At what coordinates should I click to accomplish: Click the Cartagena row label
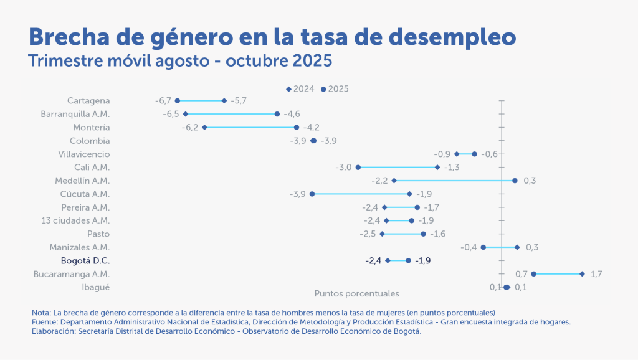point(88,101)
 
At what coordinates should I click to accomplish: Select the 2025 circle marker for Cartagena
point(178,101)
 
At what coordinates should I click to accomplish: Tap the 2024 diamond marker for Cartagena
point(224,101)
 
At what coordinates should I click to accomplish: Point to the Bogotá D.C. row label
point(85,261)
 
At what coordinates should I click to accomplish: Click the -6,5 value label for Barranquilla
point(171,114)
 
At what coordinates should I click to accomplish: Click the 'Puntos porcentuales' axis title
point(356,293)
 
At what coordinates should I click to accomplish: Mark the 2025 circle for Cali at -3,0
point(358,168)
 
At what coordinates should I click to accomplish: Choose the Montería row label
point(92,128)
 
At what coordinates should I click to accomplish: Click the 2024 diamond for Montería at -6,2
point(204,128)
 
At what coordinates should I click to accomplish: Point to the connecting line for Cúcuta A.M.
point(361,194)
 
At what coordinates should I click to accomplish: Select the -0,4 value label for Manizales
point(469,248)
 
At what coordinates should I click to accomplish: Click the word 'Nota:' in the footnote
point(42,312)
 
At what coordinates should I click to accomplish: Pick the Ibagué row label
point(96,287)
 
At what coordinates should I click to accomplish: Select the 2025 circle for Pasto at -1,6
point(424,234)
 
